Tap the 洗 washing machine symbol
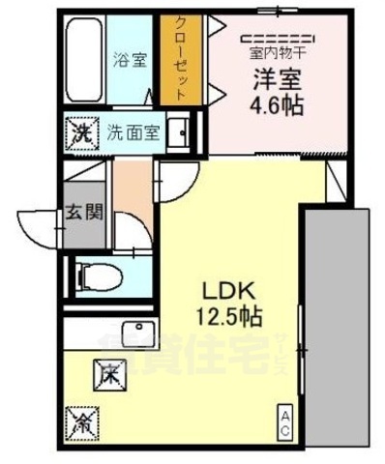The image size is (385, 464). [x=83, y=130]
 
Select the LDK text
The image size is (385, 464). [x=228, y=289]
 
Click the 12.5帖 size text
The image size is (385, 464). [x=232, y=315]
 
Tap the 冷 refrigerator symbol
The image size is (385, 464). [x=81, y=422]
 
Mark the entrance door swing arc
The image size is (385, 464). [x=36, y=228]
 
